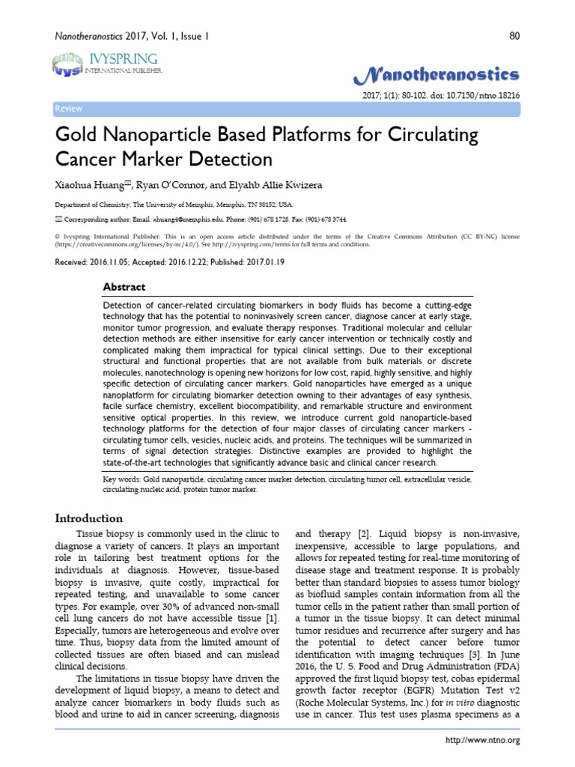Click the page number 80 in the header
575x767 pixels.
514,35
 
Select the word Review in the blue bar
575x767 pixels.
69,109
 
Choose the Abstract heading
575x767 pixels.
124,287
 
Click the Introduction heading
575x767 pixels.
90,518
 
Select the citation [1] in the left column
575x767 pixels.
271,616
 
